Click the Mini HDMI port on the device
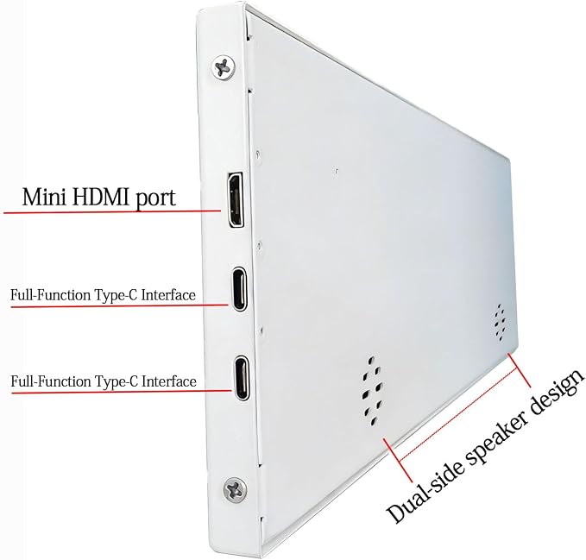(236, 199)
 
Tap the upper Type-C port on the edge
(240, 288)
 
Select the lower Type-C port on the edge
(241, 378)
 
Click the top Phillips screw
(224, 67)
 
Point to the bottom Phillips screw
(235, 489)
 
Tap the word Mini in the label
(44, 198)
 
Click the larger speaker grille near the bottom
(371, 391)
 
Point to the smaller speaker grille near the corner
(501, 323)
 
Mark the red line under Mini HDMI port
(112, 212)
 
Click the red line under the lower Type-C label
(122, 392)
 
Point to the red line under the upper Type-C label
(120, 306)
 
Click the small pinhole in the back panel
(337, 172)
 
